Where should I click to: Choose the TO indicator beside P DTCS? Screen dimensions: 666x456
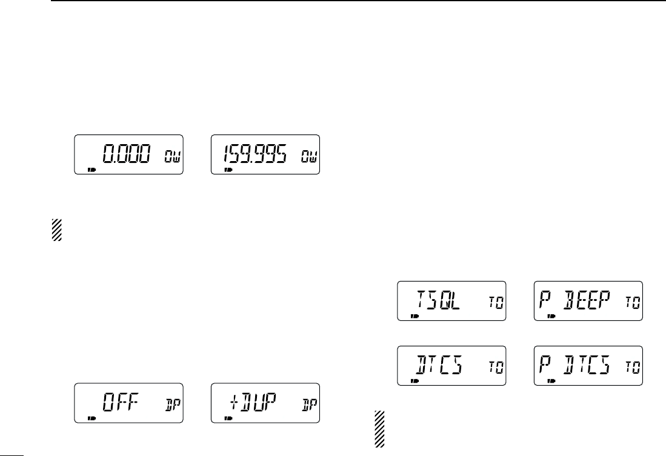click(631, 369)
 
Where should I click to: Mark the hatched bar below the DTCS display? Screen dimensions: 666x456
click(379, 429)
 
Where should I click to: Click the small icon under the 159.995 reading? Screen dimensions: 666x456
click(228, 170)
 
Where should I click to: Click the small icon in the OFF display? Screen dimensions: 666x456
click(92, 418)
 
